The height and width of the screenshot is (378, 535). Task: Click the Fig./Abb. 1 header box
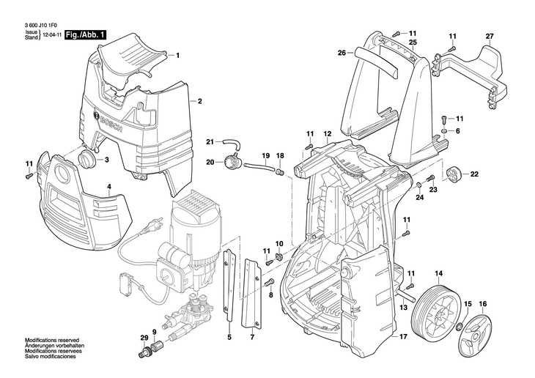point(86,34)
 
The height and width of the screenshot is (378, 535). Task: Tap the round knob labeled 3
point(88,160)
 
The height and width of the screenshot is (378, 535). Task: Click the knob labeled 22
point(453,175)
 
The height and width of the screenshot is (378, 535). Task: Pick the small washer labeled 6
point(445,131)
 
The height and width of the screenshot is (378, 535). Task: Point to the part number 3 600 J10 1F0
point(40,24)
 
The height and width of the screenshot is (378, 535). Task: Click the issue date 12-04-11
point(51,35)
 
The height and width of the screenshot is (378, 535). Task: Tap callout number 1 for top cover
point(177,55)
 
